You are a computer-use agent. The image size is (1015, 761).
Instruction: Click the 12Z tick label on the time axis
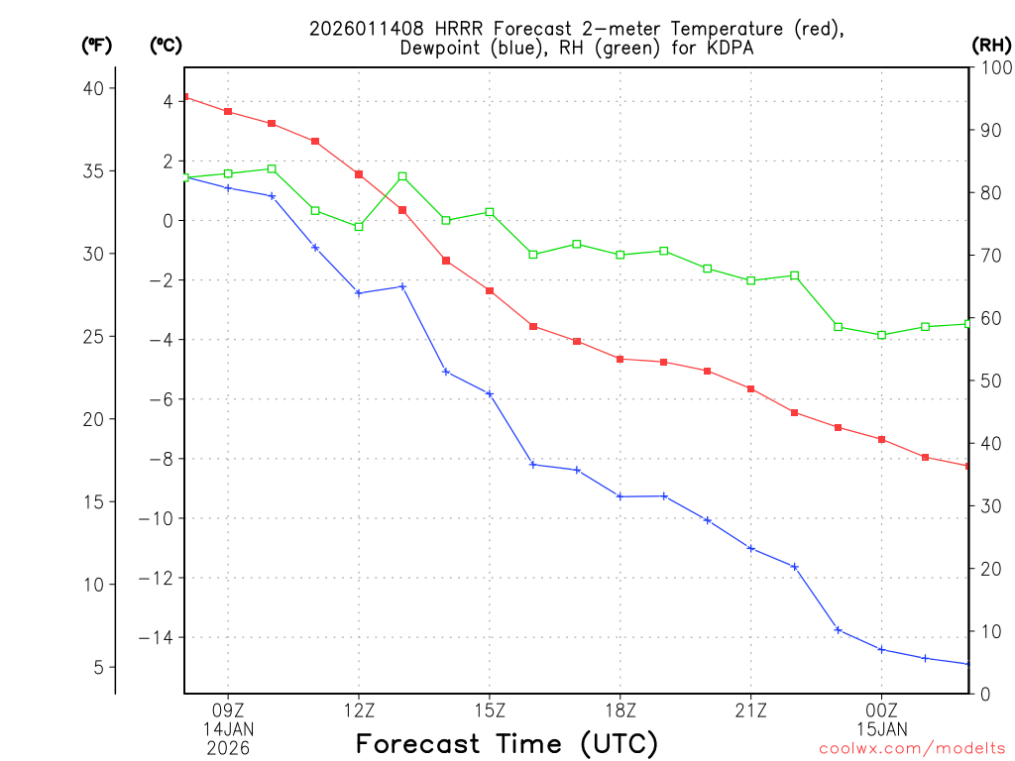tap(359, 709)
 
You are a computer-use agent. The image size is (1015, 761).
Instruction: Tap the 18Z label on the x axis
tap(620, 709)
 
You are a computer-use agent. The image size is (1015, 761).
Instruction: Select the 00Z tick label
tap(881, 709)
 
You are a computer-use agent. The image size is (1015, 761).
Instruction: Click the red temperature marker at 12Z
tap(359, 174)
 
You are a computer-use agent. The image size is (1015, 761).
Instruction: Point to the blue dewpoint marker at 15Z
tap(490, 393)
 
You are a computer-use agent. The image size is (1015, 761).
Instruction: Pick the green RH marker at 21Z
tap(750, 280)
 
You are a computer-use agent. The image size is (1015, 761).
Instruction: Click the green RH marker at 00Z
tap(881, 335)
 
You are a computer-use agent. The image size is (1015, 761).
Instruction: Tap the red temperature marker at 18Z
tap(620, 359)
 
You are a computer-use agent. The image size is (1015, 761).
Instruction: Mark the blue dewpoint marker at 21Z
tap(750, 548)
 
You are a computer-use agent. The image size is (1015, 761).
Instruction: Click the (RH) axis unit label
tap(991, 45)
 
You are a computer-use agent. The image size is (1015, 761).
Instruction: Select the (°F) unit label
tap(97, 45)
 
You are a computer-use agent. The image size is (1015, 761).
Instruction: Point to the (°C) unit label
tap(166, 45)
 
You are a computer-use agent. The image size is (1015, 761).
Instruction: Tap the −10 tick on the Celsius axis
tap(156, 518)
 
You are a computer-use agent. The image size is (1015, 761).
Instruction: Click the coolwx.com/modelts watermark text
tap(912, 749)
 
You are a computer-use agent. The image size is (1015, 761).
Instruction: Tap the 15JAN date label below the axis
tap(881, 729)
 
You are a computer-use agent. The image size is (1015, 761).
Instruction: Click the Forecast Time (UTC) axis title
tap(507, 743)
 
